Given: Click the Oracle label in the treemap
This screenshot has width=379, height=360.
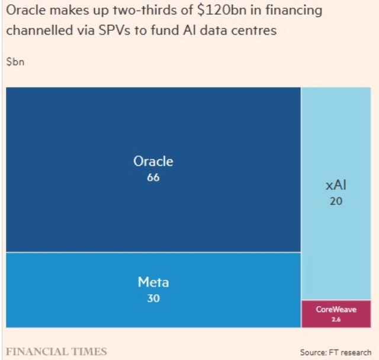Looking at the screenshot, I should click(153, 161).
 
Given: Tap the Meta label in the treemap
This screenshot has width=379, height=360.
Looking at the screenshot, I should click(153, 282).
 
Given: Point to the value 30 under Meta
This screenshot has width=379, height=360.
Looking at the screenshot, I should click(153, 298).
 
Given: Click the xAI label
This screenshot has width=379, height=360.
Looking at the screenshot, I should click(336, 186).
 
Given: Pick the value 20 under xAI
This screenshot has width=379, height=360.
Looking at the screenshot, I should click(336, 201).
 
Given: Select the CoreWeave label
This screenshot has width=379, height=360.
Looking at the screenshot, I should click(336, 309).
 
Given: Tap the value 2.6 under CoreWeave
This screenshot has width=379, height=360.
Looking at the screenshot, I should click(336, 319).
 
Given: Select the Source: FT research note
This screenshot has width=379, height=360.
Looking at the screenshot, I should click(335, 352).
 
